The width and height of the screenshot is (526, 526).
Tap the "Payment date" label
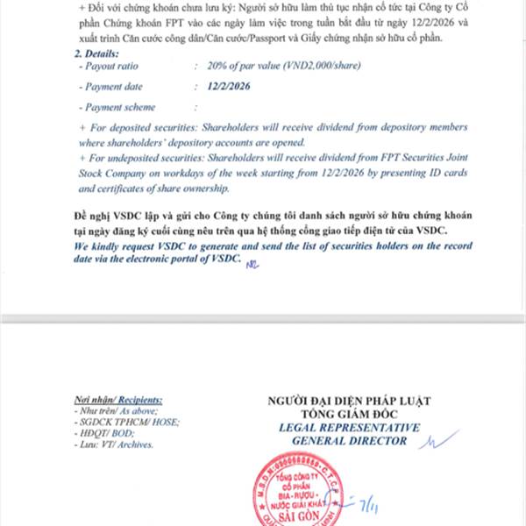click(x=115, y=87)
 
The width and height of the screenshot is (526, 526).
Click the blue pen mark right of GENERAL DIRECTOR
click(x=437, y=439)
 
